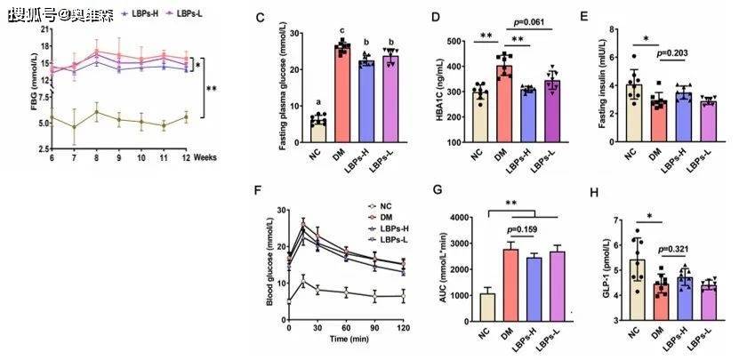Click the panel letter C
coord(259,17)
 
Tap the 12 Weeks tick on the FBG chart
coord(185,156)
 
